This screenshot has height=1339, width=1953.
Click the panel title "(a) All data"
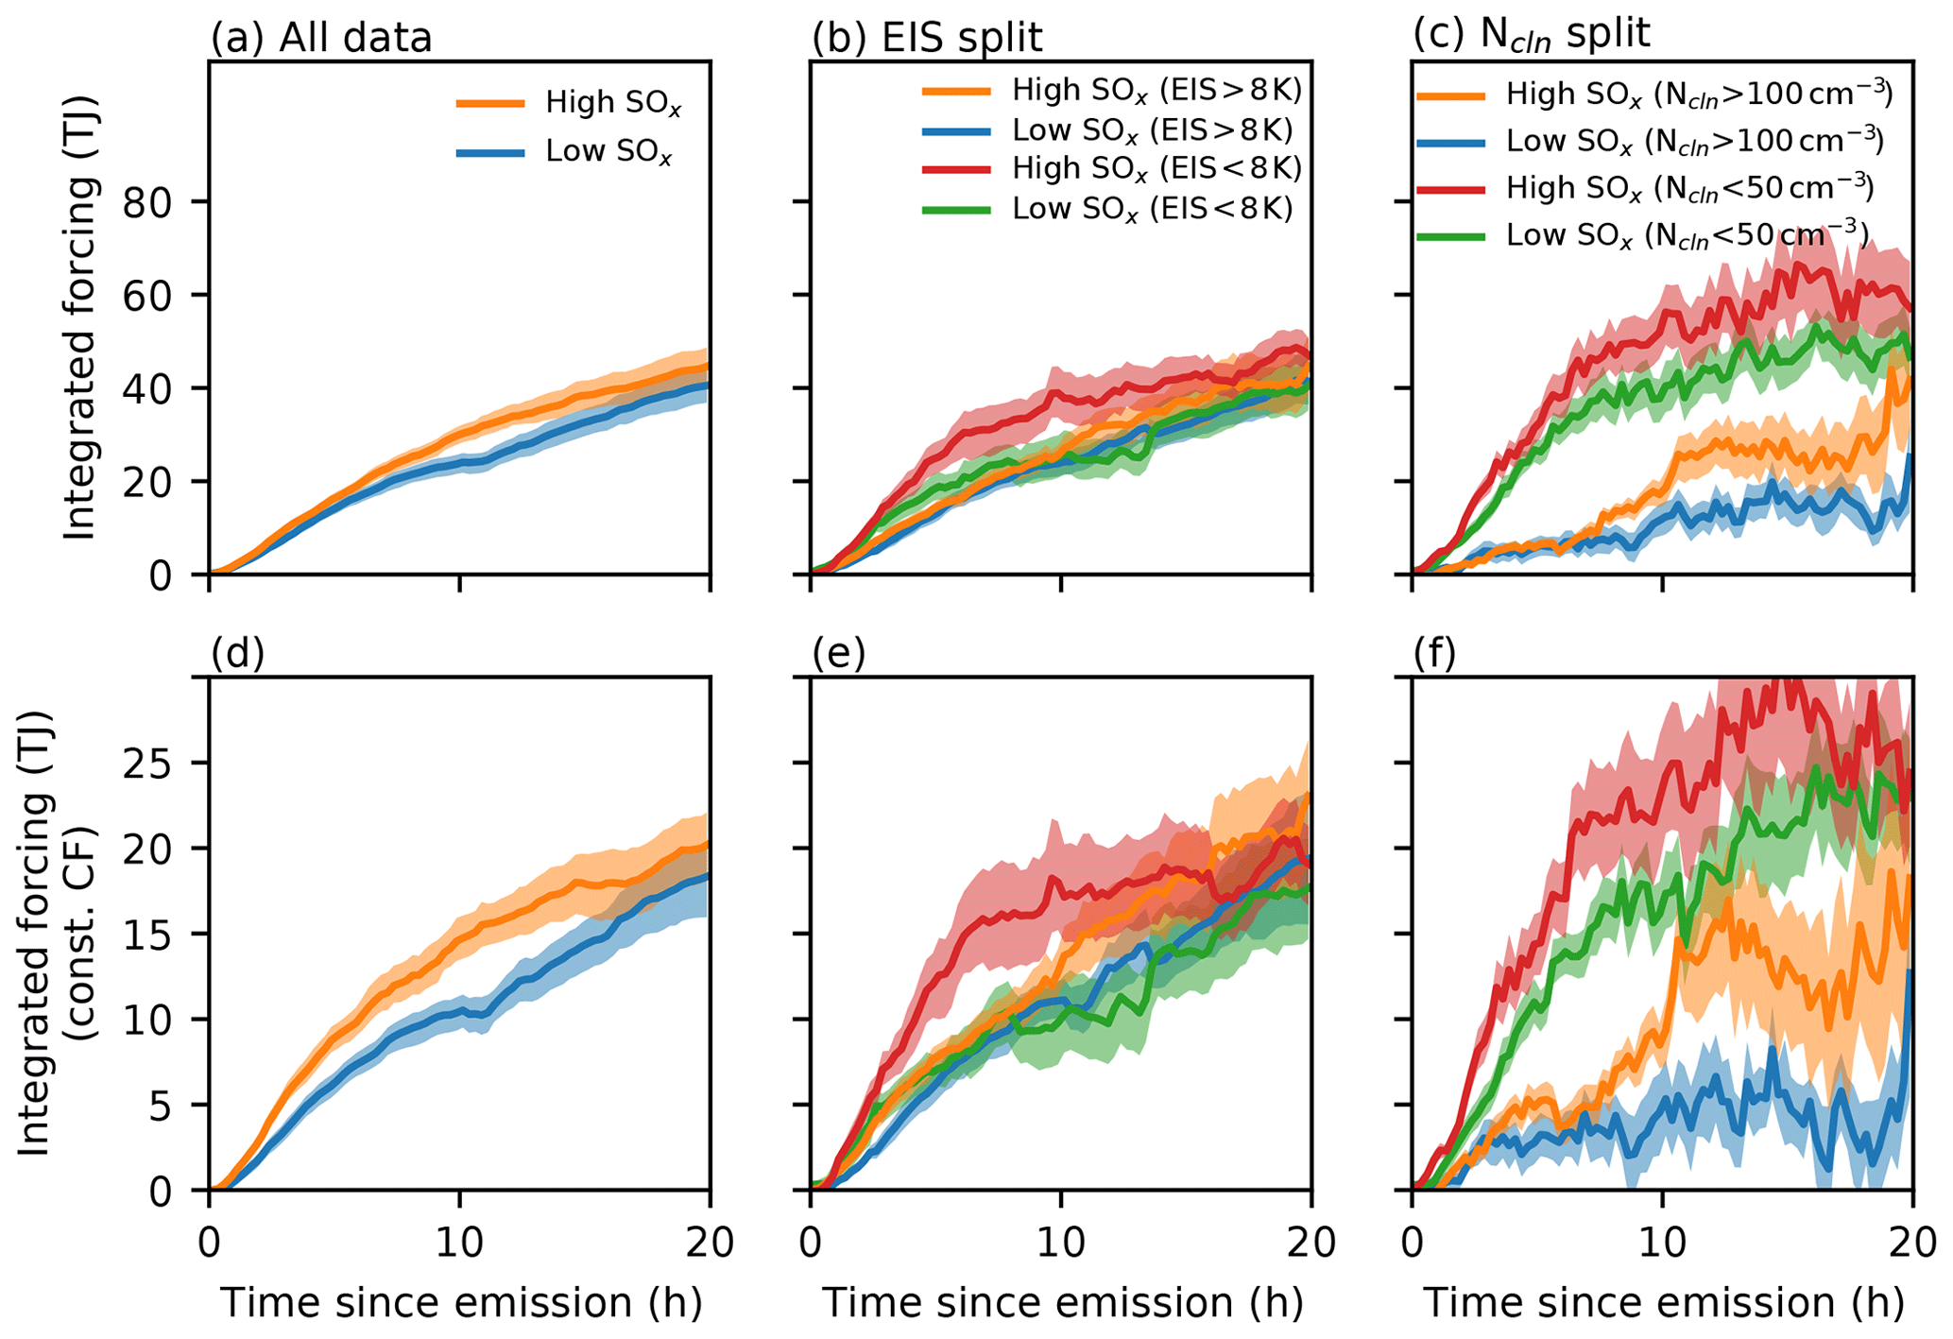(x=320, y=38)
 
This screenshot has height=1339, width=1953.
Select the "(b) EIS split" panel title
(x=927, y=38)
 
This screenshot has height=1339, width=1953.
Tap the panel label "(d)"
(x=237, y=653)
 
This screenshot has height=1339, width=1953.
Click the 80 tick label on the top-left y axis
(x=165, y=202)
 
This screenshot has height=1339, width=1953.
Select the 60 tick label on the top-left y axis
(x=165, y=296)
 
